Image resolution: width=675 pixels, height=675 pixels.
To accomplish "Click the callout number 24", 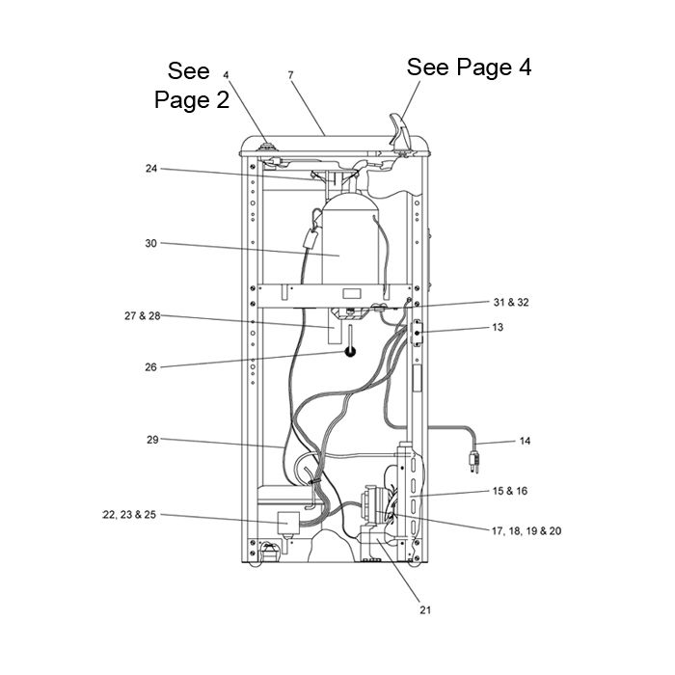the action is pos(151,169).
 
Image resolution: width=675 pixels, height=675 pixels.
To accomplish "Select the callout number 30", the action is pos(150,243).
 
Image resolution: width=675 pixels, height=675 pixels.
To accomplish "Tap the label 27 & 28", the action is pos(142,316).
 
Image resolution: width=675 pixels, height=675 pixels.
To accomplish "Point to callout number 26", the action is pos(150,367).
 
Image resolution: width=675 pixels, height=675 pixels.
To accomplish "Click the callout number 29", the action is pos(152,440).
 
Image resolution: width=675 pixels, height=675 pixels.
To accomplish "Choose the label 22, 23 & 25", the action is pos(129,514).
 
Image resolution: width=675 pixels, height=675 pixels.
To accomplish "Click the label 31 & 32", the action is pos(511,302).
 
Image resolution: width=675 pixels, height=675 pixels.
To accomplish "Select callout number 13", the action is pos(498,327).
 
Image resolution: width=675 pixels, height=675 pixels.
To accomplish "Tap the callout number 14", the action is pos(525,441).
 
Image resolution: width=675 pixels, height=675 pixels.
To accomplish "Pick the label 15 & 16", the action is pos(510,491).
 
